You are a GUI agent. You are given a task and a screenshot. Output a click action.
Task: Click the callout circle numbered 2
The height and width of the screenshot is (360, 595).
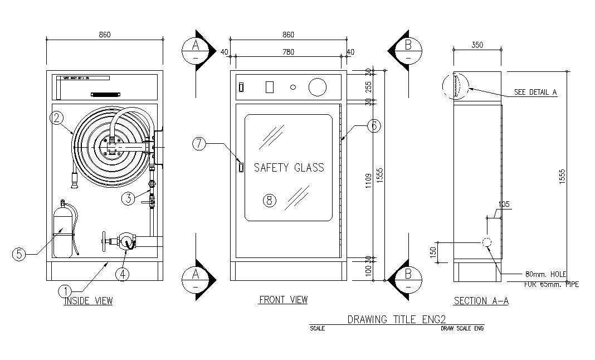click(x=56, y=118)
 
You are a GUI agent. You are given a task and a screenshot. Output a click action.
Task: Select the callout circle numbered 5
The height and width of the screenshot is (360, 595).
click(x=19, y=254)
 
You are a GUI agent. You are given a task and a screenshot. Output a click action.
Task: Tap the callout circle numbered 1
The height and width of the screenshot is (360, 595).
click(x=65, y=290)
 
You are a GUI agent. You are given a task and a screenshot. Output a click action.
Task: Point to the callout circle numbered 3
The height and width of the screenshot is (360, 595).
click(x=129, y=198)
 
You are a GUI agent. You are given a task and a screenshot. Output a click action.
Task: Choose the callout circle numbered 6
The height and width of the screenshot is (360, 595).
click(x=374, y=127)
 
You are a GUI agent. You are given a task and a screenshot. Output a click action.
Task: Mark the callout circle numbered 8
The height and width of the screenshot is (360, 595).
click(x=270, y=201)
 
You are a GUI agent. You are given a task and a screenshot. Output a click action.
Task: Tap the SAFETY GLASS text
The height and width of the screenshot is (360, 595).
click(x=289, y=167)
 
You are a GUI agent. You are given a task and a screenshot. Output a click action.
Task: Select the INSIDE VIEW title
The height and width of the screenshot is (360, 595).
click(x=88, y=301)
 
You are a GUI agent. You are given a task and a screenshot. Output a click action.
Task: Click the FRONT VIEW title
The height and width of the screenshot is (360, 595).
click(x=283, y=300)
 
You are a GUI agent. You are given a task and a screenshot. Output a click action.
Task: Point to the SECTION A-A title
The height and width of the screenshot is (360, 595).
click(x=481, y=301)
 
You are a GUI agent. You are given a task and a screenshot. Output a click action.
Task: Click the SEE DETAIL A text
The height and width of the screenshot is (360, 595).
click(x=535, y=93)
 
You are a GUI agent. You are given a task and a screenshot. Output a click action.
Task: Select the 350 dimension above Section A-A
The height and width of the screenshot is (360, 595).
click(x=477, y=45)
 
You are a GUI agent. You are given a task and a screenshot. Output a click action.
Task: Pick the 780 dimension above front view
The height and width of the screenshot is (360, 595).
click(x=288, y=52)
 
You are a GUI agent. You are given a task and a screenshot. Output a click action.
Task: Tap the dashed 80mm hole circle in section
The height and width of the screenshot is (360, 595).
click(x=486, y=242)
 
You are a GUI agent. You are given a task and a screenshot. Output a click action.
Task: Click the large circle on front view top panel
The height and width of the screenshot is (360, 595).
click(x=318, y=87)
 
